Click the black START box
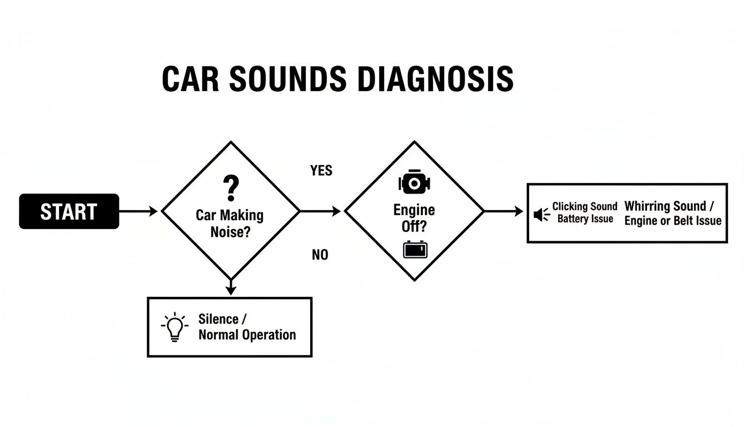click(69, 211)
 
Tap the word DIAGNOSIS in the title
click(435, 80)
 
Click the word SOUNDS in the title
click(286, 80)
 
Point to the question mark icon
click(230, 188)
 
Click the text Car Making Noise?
click(230, 224)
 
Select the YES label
click(321, 171)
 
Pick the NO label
click(320, 255)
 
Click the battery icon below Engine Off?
click(415, 250)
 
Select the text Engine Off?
click(414, 219)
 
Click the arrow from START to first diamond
click(139, 211)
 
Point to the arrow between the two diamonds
click(321, 211)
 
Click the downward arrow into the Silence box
click(231, 287)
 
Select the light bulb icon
click(174, 327)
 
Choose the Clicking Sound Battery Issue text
click(585, 212)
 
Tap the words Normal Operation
click(247, 335)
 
